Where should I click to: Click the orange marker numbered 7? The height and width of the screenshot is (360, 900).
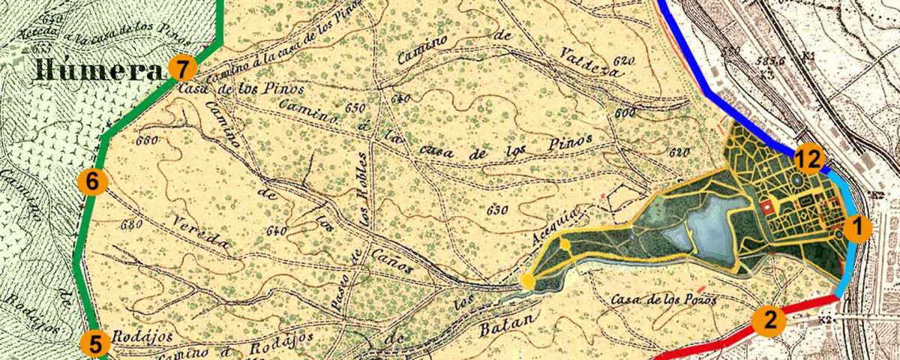pos(182,68)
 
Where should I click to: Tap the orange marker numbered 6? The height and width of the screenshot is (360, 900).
pos(93,181)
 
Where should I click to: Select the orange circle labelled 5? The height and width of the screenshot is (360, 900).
pos(95,343)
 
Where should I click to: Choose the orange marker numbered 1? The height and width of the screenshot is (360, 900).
pos(857,227)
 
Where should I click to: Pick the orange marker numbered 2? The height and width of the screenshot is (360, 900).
pos(769,320)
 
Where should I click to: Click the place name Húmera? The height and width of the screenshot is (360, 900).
pos(96,71)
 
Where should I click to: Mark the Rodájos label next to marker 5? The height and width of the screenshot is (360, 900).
pos(133,336)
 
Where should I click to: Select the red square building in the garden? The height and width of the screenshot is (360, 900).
pos(766,207)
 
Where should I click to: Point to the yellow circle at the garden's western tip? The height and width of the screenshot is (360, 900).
pos(528,281)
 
